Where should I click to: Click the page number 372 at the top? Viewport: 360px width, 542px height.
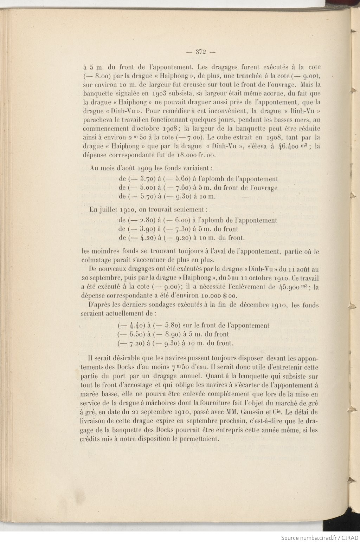point(200,52)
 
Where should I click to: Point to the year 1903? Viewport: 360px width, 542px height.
point(162,94)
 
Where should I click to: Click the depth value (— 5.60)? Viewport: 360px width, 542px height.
point(178,179)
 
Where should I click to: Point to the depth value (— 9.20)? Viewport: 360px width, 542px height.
point(177,238)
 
